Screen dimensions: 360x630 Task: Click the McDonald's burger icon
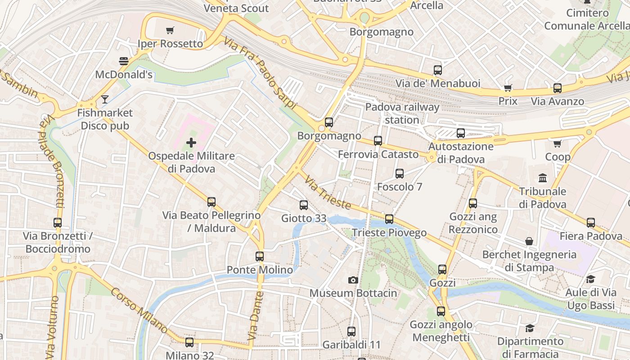pos(124,61)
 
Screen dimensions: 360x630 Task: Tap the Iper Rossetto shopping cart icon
pos(170,31)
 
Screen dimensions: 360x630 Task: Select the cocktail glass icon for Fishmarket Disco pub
pos(105,99)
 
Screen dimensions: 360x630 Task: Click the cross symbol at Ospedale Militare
pos(191,143)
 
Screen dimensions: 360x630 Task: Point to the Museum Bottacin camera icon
pos(353,280)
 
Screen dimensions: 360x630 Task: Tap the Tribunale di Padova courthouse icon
pos(543,178)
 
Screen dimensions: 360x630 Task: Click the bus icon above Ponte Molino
pos(260,256)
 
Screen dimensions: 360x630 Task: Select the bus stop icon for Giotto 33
pos(304,205)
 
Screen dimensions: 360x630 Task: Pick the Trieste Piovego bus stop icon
pos(389,219)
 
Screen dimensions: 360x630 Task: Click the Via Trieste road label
pos(327,193)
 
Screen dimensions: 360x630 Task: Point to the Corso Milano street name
pos(139,311)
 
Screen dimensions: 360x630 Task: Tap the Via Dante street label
pos(255,316)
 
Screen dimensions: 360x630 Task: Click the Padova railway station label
pos(402,113)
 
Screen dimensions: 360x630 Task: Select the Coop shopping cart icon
pos(558,144)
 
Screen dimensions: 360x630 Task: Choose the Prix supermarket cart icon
pos(508,88)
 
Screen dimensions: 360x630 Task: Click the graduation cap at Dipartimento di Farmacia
pos(529,328)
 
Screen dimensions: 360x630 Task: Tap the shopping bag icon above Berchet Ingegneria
pos(529,241)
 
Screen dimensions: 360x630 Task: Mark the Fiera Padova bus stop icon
pos(591,222)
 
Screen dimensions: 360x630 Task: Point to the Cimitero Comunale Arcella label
pos(587,19)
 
